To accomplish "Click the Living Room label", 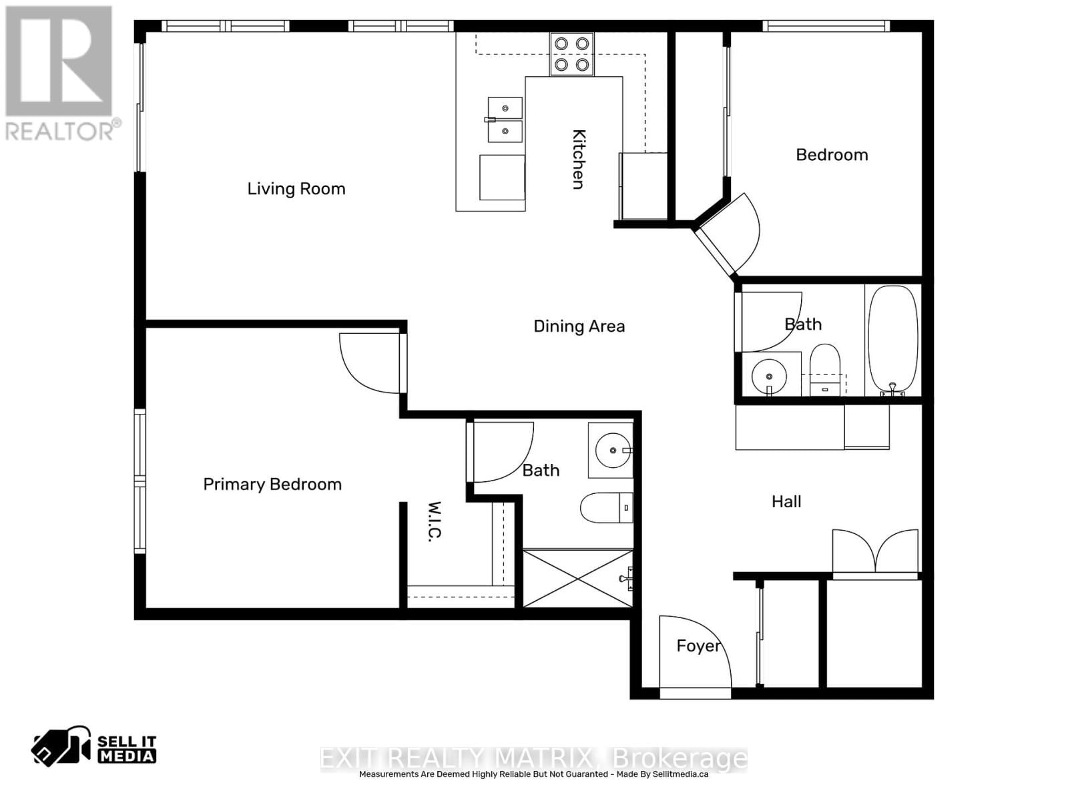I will (296, 189).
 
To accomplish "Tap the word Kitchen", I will (579, 159).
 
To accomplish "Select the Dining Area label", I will (579, 326).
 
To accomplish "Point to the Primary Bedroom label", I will (272, 484).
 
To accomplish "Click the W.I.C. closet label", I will (435, 521).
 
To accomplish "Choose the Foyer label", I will (698, 645).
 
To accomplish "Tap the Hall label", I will (786, 501).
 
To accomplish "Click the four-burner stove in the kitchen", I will (572, 54).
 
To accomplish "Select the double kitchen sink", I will (505, 119).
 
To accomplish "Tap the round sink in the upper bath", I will (769, 376).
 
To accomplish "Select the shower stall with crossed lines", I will (577, 579).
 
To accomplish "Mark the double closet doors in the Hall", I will (875, 552).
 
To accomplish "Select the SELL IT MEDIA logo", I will (94, 746).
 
